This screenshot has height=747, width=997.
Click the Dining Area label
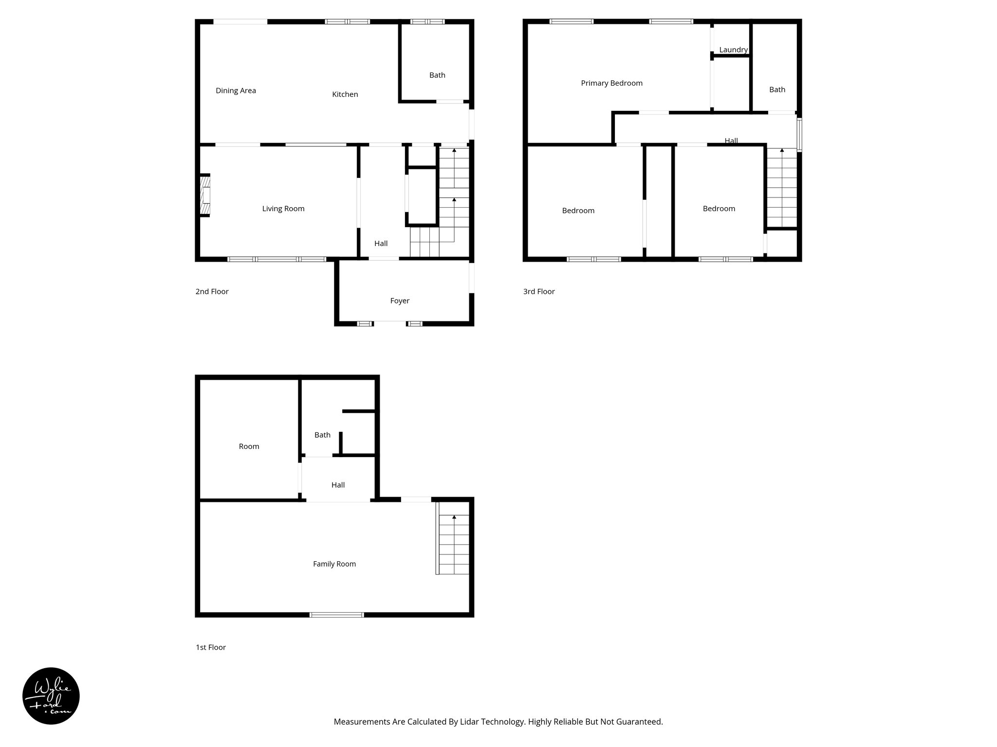coord(236,90)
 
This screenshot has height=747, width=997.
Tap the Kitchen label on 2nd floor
coord(345,94)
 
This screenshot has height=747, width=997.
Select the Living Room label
coord(283,209)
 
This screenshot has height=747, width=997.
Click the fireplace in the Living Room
coord(205,195)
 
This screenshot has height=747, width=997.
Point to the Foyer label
coord(400,301)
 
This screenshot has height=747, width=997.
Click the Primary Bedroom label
coord(611,83)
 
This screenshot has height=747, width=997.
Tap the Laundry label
coord(733,50)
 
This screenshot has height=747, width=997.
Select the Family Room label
coord(334,564)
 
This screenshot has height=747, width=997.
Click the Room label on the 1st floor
coord(249,446)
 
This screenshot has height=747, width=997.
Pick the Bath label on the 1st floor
coord(322,435)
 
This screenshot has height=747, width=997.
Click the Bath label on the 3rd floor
coord(777,89)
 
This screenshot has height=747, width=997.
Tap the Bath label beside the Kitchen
coord(437,75)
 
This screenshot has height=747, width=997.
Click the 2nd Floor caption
coord(212,291)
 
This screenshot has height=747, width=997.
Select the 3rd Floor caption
coord(539,291)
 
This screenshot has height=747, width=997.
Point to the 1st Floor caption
coord(211,647)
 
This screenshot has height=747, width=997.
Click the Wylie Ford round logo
coord(51,696)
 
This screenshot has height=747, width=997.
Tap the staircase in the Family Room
coord(453,545)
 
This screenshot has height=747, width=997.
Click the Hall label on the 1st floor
coord(338,485)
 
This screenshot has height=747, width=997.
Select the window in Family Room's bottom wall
coord(337,615)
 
